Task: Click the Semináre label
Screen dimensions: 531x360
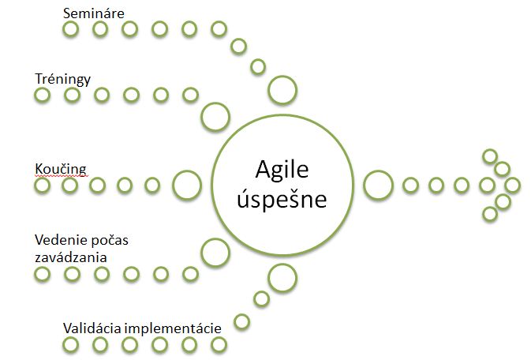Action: click(x=93, y=13)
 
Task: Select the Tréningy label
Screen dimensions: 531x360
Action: click(x=62, y=79)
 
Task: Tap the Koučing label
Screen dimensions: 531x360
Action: click(x=61, y=169)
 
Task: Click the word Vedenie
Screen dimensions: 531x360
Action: click(x=58, y=240)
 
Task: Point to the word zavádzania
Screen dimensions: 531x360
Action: click(x=71, y=257)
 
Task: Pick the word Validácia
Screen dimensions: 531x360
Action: click(x=92, y=328)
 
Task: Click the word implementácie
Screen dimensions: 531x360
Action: click(x=173, y=328)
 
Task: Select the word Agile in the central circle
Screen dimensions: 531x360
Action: click(x=282, y=170)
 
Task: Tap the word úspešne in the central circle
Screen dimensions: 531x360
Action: click(x=282, y=199)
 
